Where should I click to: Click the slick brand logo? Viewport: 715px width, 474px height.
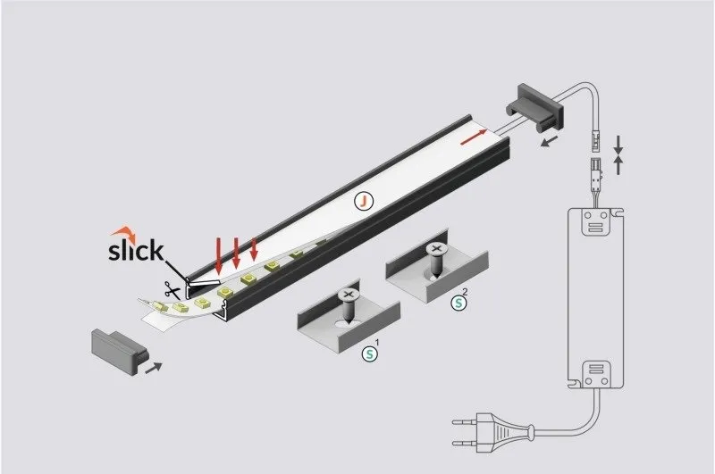click(136, 245)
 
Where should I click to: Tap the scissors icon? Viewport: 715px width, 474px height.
click(172, 290)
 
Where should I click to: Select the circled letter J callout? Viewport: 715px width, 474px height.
click(364, 201)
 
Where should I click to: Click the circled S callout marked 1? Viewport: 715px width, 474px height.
click(370, 353)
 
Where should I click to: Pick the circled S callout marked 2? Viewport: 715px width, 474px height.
click(458, 303)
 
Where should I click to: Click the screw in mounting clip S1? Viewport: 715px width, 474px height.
click(349, 305)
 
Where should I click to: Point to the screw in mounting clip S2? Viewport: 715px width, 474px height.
click(436, 260)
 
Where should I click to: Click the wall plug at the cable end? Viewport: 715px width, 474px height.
click(493, 432)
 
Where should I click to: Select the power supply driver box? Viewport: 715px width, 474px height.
click(595, 299)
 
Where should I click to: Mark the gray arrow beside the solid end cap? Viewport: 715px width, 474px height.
click(153, 368)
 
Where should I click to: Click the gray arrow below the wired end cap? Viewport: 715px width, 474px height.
click(550, 142)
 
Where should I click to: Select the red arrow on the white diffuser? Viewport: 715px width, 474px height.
click(474, 137)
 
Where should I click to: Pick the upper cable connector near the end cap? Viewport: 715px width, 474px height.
click(595, 141)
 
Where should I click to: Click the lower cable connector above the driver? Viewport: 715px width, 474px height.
click(596, 170)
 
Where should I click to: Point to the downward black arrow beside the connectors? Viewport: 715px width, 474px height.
click(618, 145)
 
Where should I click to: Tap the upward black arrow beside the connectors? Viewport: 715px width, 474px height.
click(618, 165)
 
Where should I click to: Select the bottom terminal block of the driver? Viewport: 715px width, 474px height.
click(595, 375)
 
